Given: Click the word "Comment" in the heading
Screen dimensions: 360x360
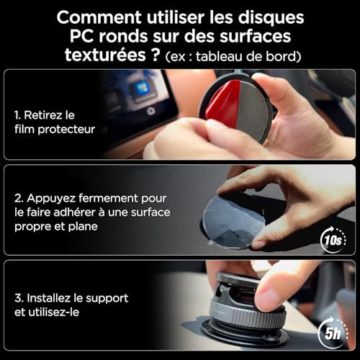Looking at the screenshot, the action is click(99, 17).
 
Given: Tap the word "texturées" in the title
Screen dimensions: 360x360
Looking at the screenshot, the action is click(105, 55).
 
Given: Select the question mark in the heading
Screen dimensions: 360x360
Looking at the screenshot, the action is click(156, 55).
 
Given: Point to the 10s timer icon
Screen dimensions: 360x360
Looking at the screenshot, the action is click(333, 240).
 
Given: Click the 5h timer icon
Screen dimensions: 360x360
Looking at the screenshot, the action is click(333, 333).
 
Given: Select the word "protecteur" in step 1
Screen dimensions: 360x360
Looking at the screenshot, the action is click(66, 130).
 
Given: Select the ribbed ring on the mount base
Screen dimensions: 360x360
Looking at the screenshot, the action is click(247, 315).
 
